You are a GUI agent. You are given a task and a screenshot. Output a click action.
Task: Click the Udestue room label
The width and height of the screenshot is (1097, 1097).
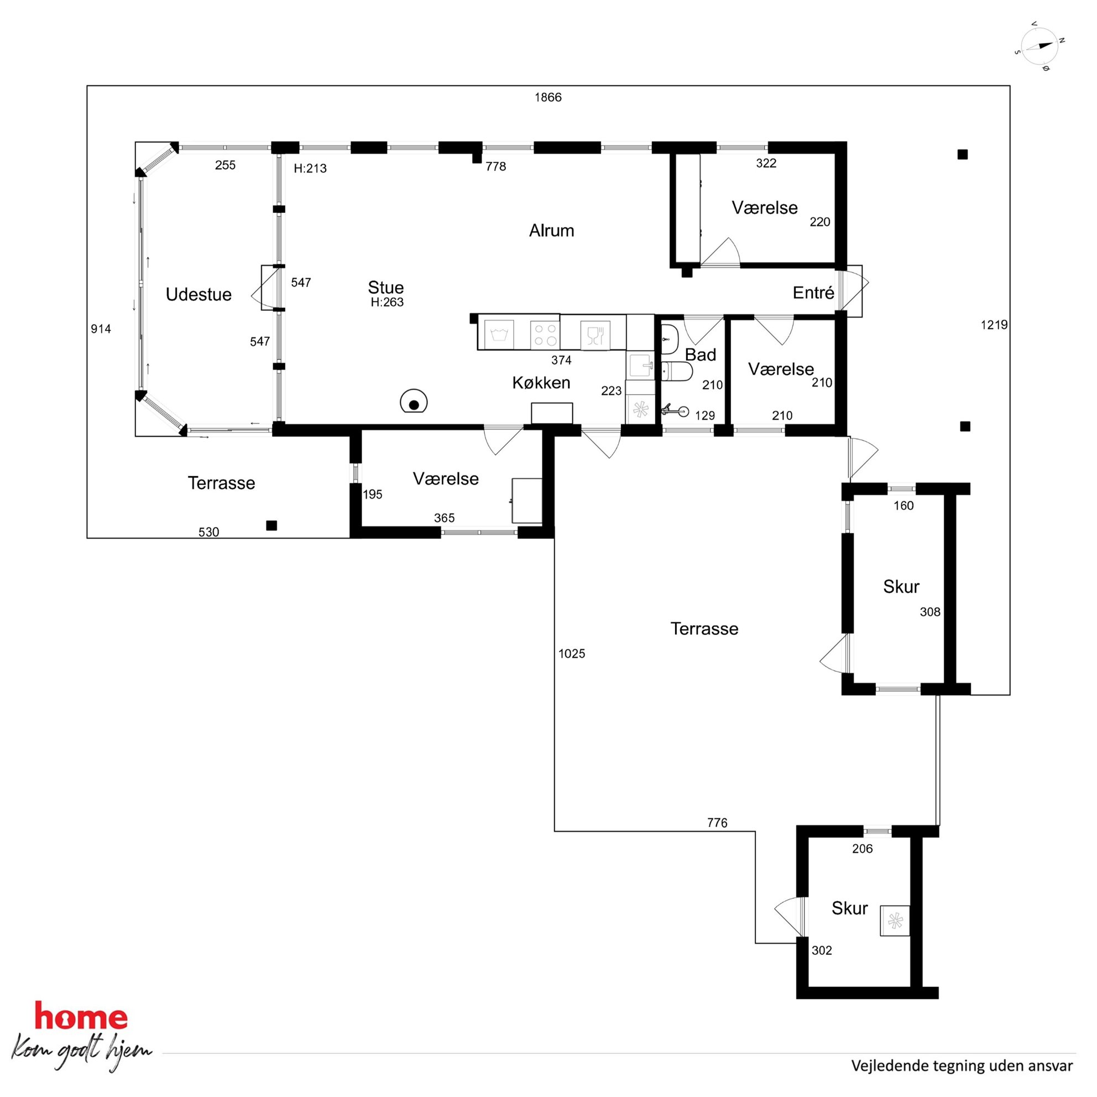198,294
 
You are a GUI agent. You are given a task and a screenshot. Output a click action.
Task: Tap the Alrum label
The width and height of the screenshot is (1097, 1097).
551,231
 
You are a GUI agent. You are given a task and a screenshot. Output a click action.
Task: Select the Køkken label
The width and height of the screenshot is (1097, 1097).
541,383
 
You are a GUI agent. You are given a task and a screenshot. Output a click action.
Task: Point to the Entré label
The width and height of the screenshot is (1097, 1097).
813,292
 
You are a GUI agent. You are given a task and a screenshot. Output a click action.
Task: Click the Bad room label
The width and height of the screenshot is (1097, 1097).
700,355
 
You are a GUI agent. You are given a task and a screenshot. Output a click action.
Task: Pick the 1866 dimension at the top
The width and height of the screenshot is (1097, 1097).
548,97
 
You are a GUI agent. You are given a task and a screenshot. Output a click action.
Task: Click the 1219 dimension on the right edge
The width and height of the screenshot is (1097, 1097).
994,325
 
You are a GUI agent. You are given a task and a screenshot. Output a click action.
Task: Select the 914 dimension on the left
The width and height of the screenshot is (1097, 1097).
101,329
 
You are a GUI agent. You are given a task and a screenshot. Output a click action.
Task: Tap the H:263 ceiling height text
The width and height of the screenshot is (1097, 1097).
387,302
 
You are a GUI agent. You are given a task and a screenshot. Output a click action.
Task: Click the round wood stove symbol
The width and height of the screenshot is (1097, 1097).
414,402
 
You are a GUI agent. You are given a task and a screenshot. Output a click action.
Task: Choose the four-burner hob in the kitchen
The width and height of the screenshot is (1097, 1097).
545,335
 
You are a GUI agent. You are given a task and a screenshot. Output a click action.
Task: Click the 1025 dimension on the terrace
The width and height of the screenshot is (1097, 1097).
571,654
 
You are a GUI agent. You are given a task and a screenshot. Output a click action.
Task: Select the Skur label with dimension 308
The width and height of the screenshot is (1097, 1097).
901,587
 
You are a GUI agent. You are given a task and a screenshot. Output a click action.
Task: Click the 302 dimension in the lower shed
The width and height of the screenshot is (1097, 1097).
822,950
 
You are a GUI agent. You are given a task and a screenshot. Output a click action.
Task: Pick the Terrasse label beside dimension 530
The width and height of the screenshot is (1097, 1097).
221,483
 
